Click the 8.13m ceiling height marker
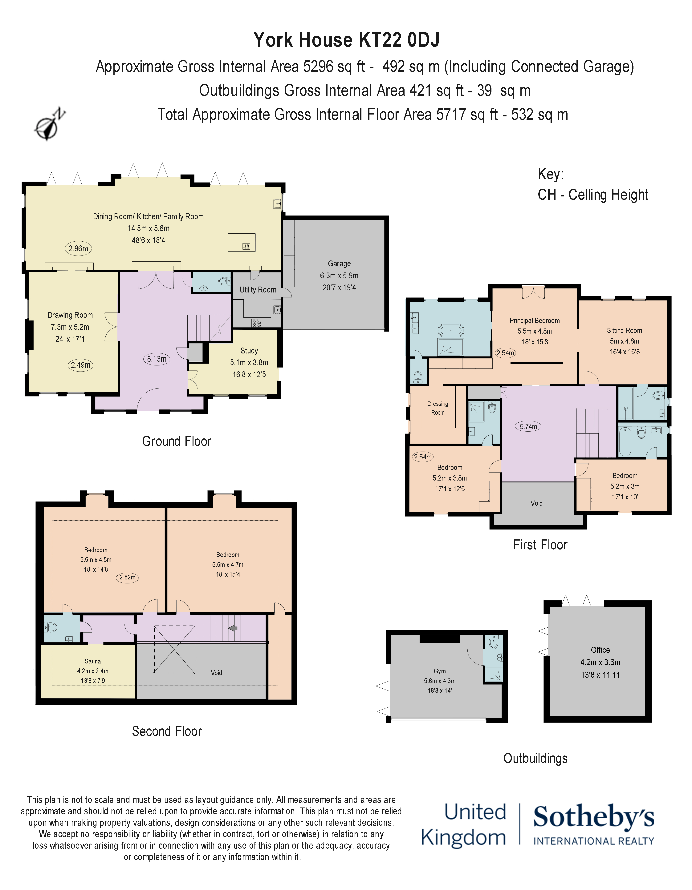point(157,359)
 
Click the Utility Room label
point(258,290)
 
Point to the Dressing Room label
point(438,408)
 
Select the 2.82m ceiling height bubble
point(127,577)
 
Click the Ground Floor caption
point(177,441)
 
